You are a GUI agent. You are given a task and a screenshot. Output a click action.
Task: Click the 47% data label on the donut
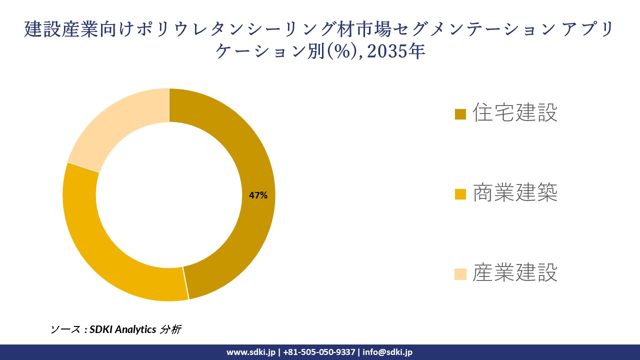click(x=258, y=195)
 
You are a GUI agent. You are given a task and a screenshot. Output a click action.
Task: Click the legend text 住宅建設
click(x=515, y=113)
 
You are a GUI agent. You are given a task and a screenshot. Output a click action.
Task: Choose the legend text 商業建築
click(x=515, y=193)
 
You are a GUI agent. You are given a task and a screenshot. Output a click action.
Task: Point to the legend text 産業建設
click(x=515, y=273)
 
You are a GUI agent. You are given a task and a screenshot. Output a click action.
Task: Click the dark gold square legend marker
click(x=460, y=114)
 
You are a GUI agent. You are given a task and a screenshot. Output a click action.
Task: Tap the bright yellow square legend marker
click(x=460, y=194)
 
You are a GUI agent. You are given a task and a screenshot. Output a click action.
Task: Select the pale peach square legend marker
click(x=460, y=274)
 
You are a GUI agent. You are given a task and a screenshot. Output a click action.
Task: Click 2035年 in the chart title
click(x=395, y=51)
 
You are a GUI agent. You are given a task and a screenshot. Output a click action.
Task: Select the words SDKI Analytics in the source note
click(x=123, y=329)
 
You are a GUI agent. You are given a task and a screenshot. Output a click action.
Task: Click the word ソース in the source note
click(x=64, y=329)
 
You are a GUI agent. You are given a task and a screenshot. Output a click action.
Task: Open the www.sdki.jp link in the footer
click(x=250, y=352)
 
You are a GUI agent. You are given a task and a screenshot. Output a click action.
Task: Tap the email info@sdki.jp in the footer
click(x=387, y=352)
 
